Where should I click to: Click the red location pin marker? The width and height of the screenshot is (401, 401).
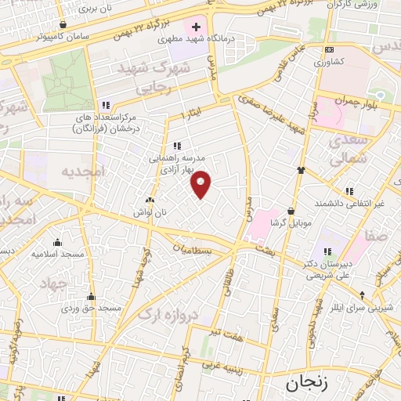click(x=202, y=184)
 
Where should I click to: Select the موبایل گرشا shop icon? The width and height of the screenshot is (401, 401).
click(x=291, y=210)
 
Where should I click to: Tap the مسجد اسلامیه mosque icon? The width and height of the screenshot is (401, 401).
click(x=57, y=242)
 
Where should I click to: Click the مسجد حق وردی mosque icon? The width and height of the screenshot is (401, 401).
click(x=92, y=296)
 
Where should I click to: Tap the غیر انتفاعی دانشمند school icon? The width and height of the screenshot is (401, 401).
click(x=349, y=191)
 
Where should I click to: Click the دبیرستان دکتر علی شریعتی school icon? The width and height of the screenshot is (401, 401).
click(x=327, y=251)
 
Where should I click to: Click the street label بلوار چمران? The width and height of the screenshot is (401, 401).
click(x=356, y=100)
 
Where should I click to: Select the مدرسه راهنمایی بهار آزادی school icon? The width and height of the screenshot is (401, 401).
click(x=178, y=145)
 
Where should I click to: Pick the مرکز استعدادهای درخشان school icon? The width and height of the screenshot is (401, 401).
click(x=105, y=106)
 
